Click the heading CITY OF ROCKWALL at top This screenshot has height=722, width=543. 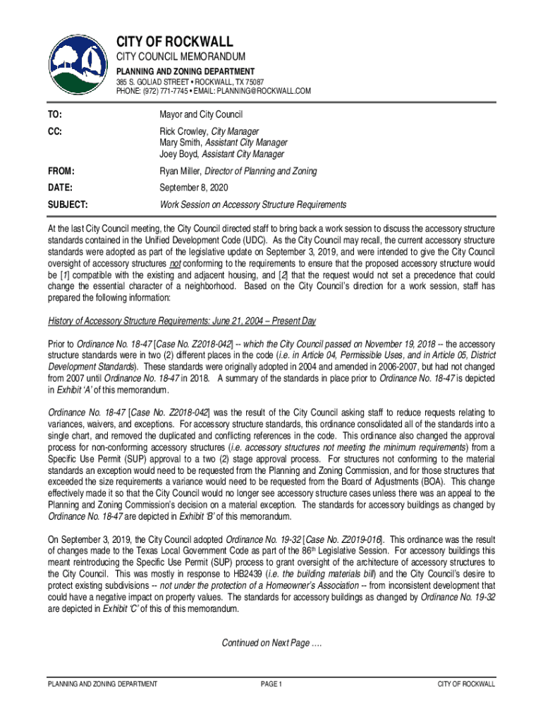[175, 42]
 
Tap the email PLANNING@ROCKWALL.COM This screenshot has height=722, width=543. [265, 91]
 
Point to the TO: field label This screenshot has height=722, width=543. [54, 114]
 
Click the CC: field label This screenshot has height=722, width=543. [54, 131]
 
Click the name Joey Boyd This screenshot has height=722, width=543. [179, 154]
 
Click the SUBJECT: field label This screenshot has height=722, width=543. [68, 204]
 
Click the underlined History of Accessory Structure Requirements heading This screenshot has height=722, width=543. [182, 322]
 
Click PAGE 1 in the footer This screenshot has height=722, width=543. [271, 684]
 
